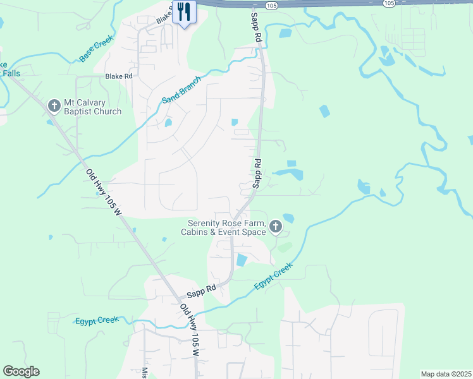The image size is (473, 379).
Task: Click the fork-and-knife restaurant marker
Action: tap(184, 11)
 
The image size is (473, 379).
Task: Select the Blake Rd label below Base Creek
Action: tap(119, 76)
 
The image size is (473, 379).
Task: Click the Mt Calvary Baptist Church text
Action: tap(92, 107)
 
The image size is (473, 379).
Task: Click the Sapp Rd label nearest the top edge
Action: tap(255, 27)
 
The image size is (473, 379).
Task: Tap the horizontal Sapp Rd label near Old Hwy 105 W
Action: tap(201, 291)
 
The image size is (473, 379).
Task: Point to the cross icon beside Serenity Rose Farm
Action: tap(275, 226)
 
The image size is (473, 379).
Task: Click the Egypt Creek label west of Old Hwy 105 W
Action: tap(97, 320)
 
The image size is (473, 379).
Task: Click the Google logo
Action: tap(21, 371)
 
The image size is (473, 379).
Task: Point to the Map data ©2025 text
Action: tap(445, 374)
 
